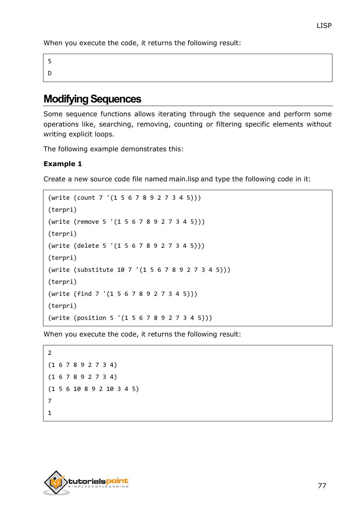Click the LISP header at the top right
[324, 25]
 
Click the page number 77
[322, 486]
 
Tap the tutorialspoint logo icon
[56, 482]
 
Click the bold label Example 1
[63, 164]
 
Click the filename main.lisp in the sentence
[184, 179]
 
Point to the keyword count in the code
[86, 198]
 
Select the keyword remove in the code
[88, 222]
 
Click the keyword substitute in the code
[95, 270]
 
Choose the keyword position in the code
[92, 318]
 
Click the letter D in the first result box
[50, 73]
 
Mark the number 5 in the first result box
[50, 61]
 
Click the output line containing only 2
[50, 353]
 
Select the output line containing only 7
[50, 401]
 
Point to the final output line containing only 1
[50, 413]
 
